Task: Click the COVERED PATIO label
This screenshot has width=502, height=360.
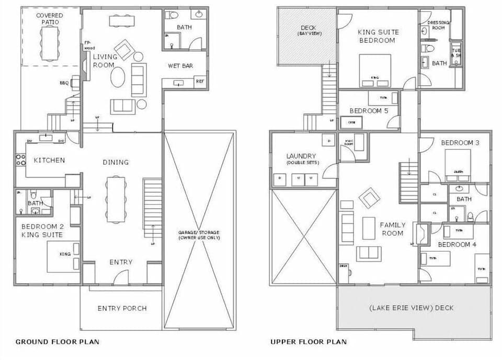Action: click(x=50, y=19)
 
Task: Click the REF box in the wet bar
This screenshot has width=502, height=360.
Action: click(x=200, y=82)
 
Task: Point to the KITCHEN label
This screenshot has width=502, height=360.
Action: click(x=49, y=160)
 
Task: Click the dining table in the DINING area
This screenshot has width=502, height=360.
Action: click(x=115, y=199)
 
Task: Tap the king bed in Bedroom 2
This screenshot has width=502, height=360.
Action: click(x=63, y=257)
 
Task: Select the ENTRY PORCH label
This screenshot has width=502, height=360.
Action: click(x=122, y=308)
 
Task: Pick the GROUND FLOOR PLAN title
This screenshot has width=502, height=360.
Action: click(x=57, y=342)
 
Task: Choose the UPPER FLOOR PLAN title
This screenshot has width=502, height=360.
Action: click(x=308, y=342)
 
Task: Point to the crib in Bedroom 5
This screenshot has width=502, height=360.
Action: click(x=348, y=122)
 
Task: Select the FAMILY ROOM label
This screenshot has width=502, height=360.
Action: click(x=392, y=229)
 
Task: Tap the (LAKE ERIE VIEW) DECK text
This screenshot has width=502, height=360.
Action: click(x=412, y=308)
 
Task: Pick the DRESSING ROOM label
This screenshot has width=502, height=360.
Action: click(x=438, y=25)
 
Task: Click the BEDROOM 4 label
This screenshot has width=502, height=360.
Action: click(x=457, y=244)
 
